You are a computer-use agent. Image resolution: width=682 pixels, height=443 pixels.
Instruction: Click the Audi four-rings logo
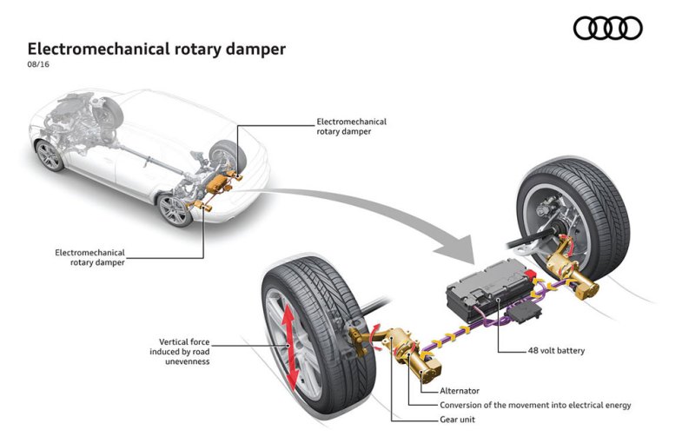click(x=607, y=29)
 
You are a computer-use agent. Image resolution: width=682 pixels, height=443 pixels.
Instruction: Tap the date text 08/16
click(x=39, y=66)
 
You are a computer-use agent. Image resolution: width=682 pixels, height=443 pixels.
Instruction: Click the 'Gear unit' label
click(x=459, y=420)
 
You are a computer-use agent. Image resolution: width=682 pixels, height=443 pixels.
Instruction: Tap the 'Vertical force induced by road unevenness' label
click(x=186, y=351)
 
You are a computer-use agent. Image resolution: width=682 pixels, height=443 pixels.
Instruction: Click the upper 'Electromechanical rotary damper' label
click(x=352, y=127)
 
